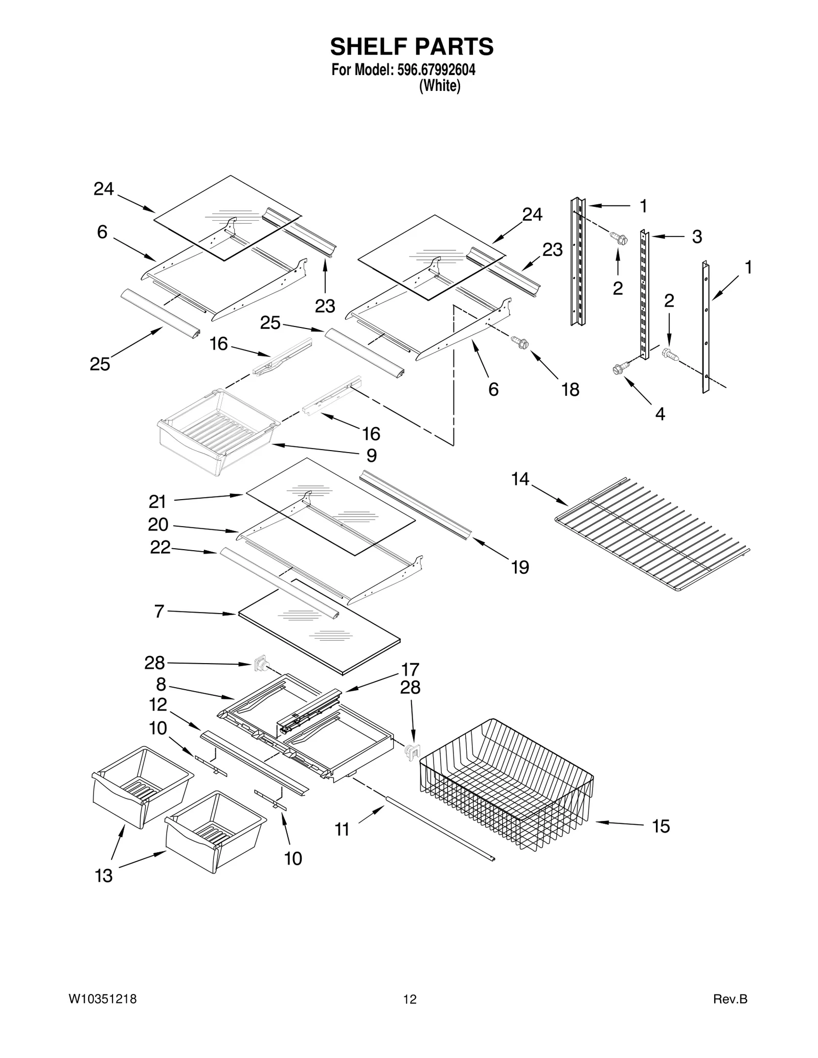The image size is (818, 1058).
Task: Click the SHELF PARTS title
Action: (x=412, y=47)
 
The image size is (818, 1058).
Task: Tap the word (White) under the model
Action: (x=439, y=86)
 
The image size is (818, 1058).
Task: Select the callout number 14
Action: (x=520, y=479)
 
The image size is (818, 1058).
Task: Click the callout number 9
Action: (x=372, y=455)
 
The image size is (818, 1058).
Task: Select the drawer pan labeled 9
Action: (x=217, y=432)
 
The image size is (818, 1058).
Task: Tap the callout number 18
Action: (x=570, y=390)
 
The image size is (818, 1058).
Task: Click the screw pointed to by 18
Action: (x=520, y=342)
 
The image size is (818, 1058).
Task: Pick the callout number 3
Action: (x=697, y=237)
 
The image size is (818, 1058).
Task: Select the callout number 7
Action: (x=159, y=611)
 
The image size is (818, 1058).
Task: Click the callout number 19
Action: (x=520, y=567)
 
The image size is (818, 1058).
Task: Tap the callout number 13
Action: (x=104, y=876)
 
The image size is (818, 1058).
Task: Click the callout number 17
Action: (x=410, y=669)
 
